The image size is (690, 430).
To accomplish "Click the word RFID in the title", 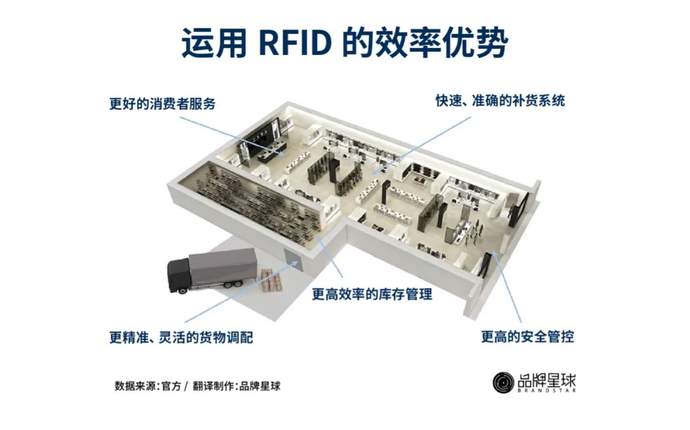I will tap(296, 43).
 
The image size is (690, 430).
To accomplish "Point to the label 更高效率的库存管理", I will tap(372, 294).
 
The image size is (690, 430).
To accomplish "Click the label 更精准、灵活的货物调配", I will tap(181, 336).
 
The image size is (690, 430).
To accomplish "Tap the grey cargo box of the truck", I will tap(224, 267).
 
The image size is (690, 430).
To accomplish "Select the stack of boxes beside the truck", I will tap(271, 281).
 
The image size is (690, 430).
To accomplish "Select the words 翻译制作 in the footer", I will tap(213, 386).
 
